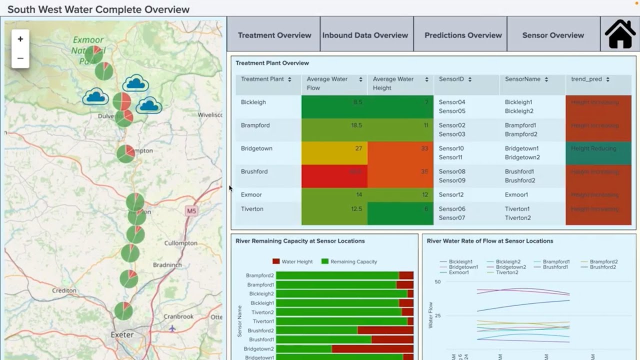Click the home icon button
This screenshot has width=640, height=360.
click(620, 34)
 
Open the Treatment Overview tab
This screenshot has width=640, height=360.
click(274, 35)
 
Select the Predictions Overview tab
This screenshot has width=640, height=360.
click(463, 35)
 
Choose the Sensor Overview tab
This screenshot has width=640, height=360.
click(553, 35)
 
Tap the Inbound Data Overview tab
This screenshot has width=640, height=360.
click(365, 35)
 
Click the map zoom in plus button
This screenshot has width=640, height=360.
click(20, 39)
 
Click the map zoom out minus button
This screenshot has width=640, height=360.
click(20, 58)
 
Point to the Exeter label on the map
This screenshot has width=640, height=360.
click(122, 334)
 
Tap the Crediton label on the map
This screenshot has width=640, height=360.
click(64, 290)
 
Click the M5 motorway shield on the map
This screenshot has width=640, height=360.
click(191, 211)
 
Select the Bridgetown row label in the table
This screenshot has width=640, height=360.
click(256, 148)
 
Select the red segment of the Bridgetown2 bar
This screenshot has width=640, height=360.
click(372, 349)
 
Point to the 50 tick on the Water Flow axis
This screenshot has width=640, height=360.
click(437, 282)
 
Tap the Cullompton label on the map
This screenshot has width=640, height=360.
click(181, 243)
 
